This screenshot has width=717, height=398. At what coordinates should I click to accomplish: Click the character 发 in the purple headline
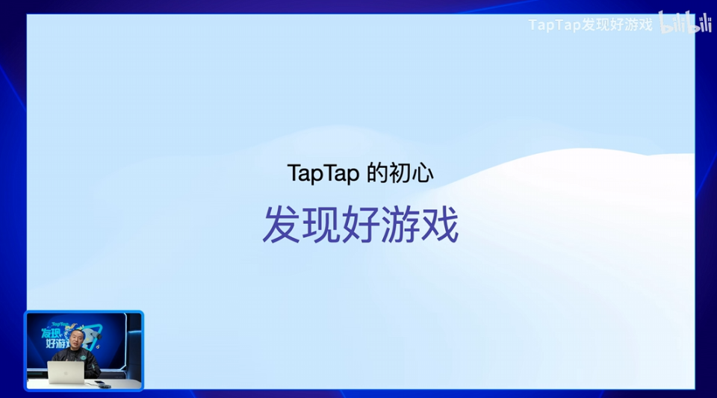281,223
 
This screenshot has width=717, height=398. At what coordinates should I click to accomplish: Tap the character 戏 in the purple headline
439,223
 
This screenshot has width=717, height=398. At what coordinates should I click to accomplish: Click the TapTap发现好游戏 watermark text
590,25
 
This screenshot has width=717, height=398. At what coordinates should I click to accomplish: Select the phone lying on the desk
99,383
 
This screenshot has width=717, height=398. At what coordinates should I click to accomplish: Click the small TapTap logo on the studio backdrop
59,323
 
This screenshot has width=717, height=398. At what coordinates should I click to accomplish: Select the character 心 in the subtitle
422,173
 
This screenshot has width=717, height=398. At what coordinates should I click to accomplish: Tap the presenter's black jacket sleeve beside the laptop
93,369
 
